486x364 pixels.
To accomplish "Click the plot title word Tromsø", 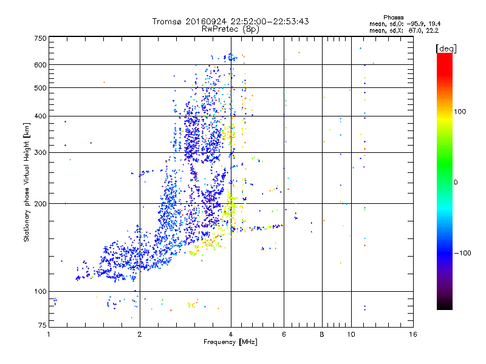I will [x=169, y=21].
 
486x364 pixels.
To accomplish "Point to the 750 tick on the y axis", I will [x=40, y=38].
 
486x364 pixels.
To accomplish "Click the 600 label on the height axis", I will [x=40, y=65].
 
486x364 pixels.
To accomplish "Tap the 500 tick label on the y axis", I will [x=40, y=88].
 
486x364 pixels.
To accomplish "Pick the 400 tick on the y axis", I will [x=40, y=116].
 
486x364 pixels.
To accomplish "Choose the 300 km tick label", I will [x=40, y=152].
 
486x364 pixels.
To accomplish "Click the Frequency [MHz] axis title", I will [x=230, y=342].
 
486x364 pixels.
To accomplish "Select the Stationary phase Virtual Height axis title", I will [x=27, y=182].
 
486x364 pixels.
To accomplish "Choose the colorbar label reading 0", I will [x=456, y=182].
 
